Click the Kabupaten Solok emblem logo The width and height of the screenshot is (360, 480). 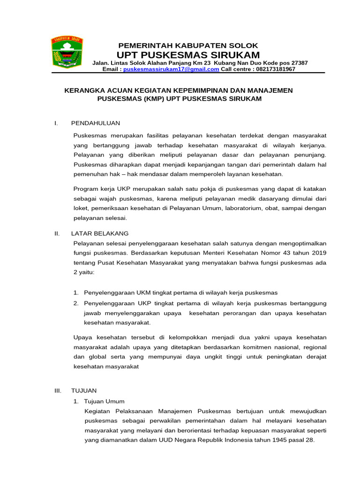click(x=67, y=52)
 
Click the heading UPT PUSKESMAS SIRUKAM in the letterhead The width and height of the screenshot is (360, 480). click(x=188, y=55)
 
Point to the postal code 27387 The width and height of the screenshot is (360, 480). click(x=299, y=63)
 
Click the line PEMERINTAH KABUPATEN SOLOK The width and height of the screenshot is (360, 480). click(x=188, y=45)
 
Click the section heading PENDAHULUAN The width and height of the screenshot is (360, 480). click(x=95, y=123)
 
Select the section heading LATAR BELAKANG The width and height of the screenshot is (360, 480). click(x=99, y=233)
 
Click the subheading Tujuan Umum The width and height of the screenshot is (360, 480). click(x=104, y=401)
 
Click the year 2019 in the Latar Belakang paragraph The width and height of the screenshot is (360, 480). click(x=318, y=253)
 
